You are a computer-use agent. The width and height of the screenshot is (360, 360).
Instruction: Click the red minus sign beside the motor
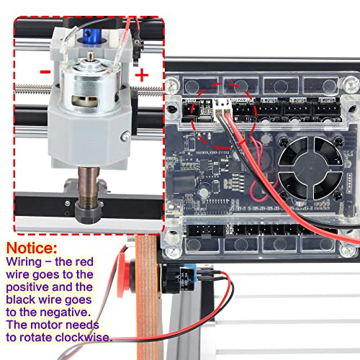coord(45,73)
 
